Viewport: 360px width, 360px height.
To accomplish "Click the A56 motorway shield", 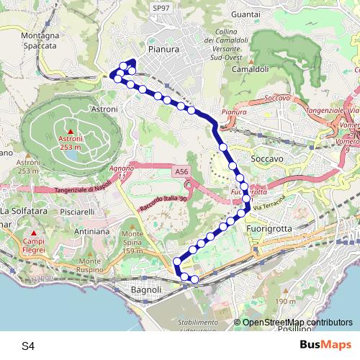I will (181, 172).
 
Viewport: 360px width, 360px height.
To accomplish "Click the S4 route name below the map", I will (28, 346).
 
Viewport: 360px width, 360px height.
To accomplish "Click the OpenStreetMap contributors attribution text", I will (297, 323).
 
